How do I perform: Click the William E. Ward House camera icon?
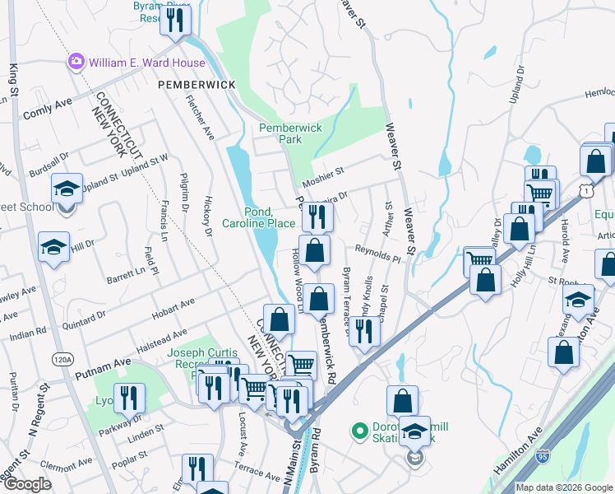coord(77,62)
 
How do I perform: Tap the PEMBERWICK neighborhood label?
coord(197,85)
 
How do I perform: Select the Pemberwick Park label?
coord(290,134)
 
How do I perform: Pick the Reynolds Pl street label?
coord(377,253)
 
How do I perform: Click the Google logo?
coord(27,484)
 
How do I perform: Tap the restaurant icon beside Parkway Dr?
coord(129,398)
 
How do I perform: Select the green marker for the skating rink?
coord(358,431)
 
